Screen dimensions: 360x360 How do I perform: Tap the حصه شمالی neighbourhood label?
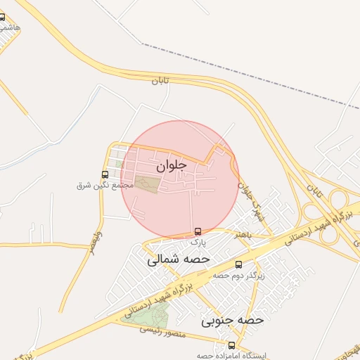[179, 259]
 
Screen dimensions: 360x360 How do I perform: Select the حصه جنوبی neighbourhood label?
[232, 321]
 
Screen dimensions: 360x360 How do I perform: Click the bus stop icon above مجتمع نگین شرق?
[105, 174]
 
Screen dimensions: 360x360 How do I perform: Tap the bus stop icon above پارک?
[198, 231]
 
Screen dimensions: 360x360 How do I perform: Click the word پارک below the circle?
[198, 241]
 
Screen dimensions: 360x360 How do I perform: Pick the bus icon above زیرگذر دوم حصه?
[239, 265]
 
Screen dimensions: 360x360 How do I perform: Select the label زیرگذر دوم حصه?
[239, 276]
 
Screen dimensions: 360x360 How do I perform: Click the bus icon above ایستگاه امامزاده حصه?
[232, 345]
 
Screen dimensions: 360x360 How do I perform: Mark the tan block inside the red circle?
[148, 184]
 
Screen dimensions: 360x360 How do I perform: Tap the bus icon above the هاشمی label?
[2, 17]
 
